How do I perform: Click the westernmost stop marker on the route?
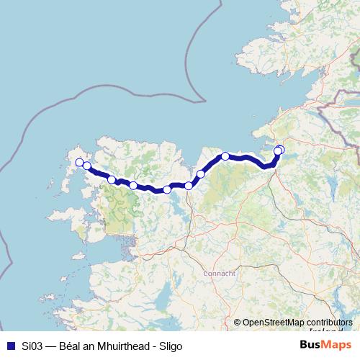(x=79, y=163)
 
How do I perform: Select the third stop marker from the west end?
(x=112, y=179)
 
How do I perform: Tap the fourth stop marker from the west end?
(x=133, y=186)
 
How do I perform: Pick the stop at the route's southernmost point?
(x=167, y=190)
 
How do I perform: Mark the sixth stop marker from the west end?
(x=189, y=186)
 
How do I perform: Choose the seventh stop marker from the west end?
(x=201, y=174)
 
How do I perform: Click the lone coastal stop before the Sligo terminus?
(x=225, y=156)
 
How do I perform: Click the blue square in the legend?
(x=9, y=346)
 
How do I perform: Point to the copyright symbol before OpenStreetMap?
(x=237, y=323)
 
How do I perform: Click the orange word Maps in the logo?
(x=337, y=345)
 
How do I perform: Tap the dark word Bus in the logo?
(x=311, y=345)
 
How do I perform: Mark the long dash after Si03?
(x=49, y=346)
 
